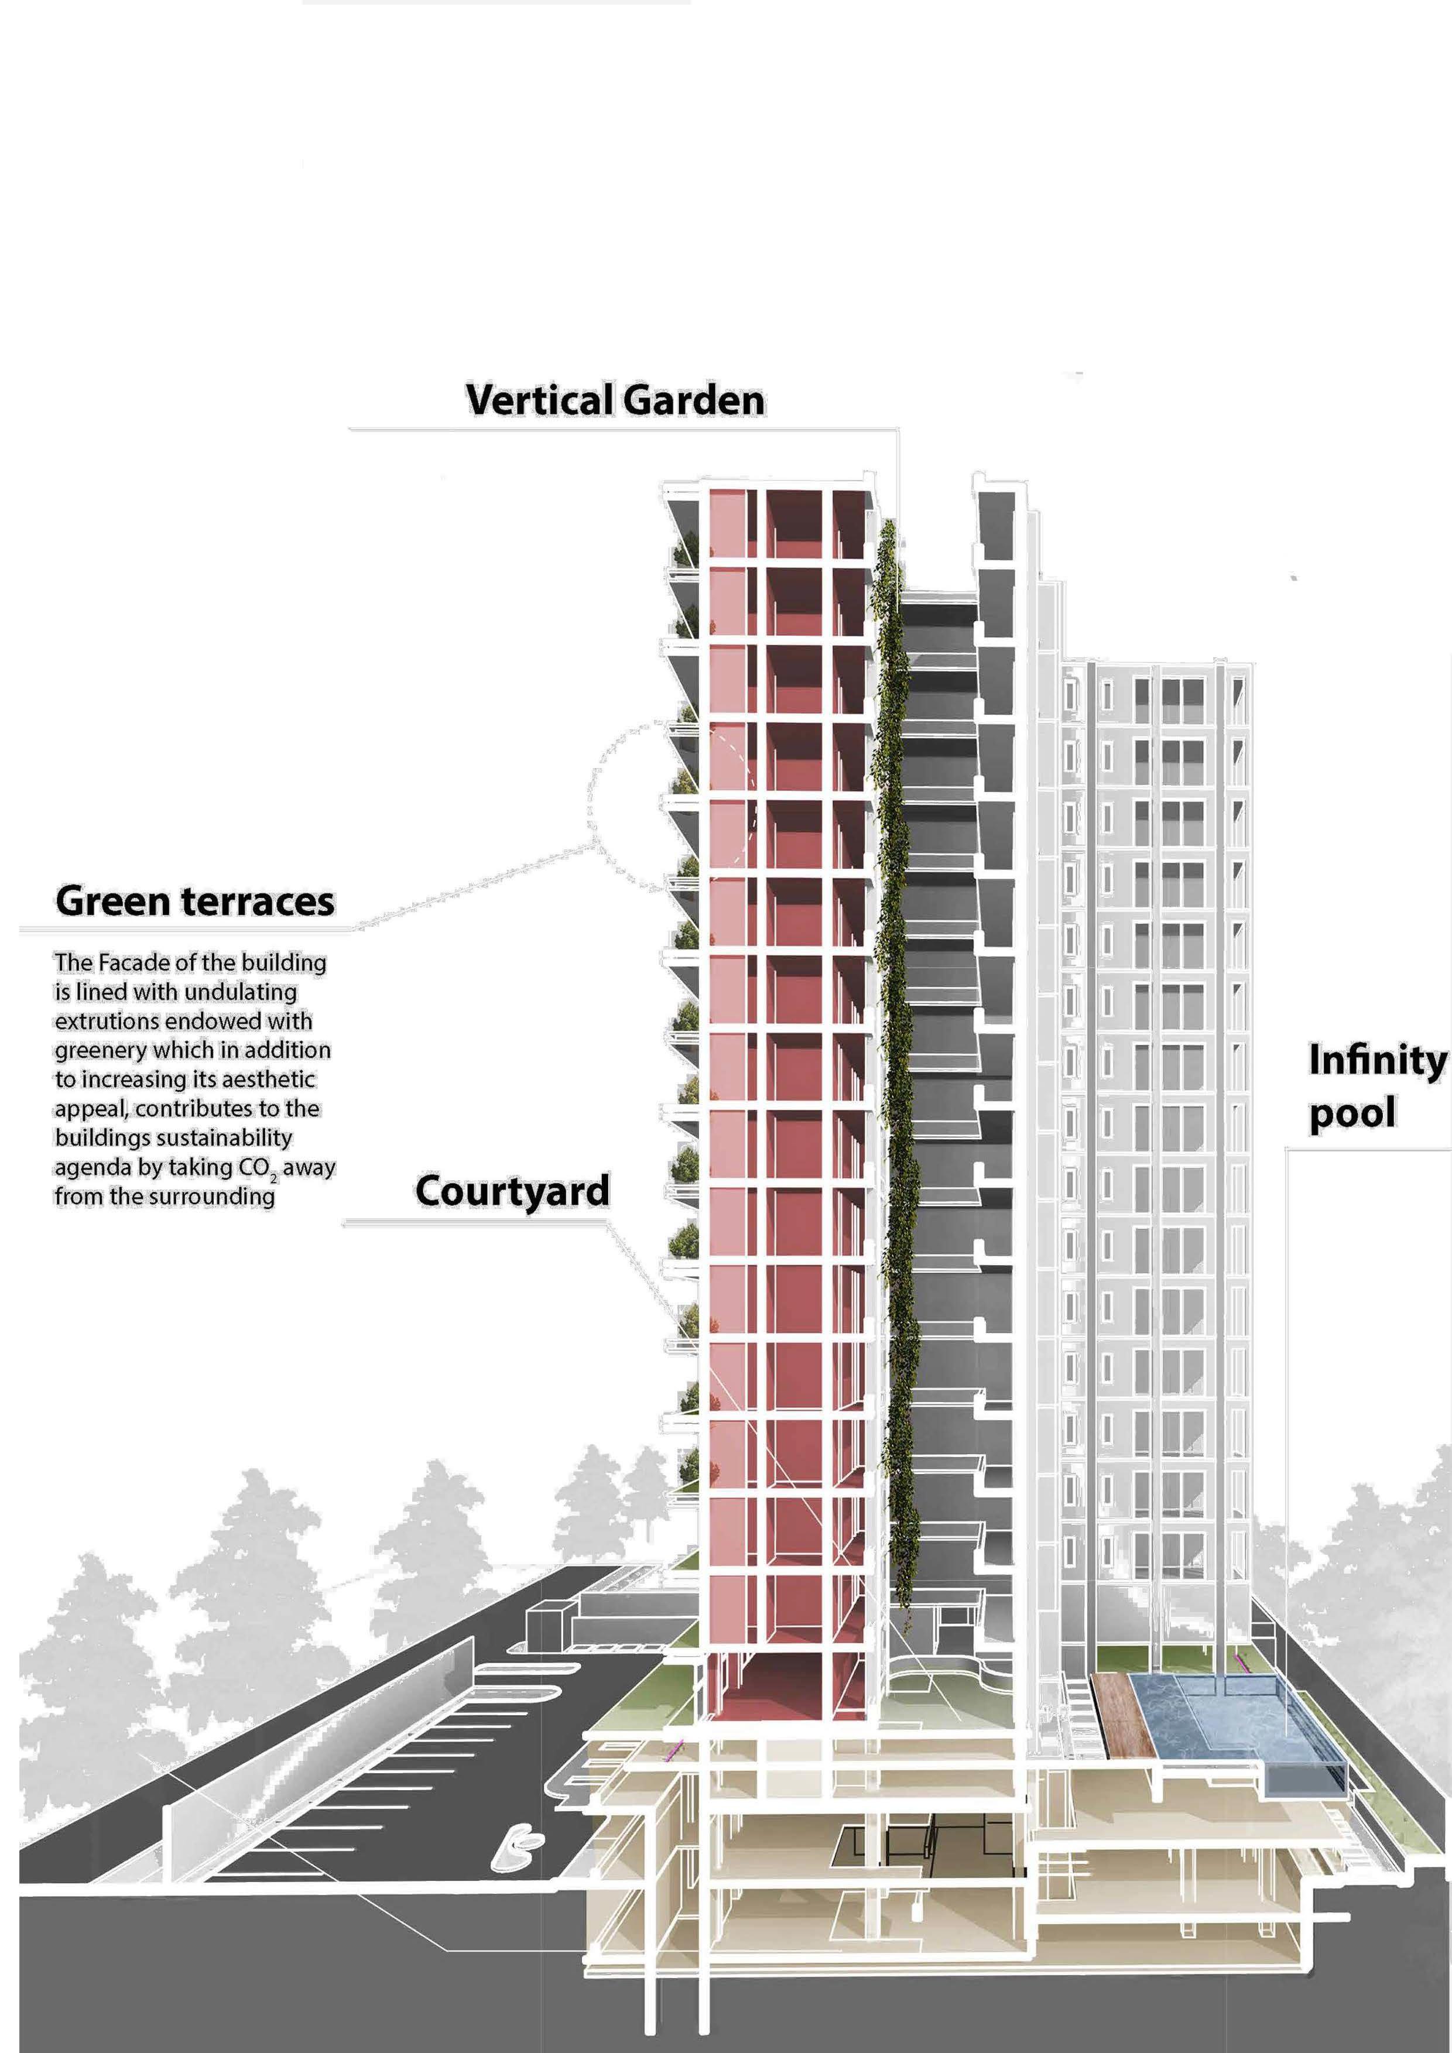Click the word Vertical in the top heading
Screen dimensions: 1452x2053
pyautogui.click(x=539, y=400)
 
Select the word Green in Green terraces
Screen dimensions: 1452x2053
pyautogui.click(x=112, y=902)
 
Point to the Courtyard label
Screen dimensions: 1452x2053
pyautogui.click(x=512, y=1192)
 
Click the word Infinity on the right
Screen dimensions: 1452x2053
pyautogui.click(x=1377, y=1061)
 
